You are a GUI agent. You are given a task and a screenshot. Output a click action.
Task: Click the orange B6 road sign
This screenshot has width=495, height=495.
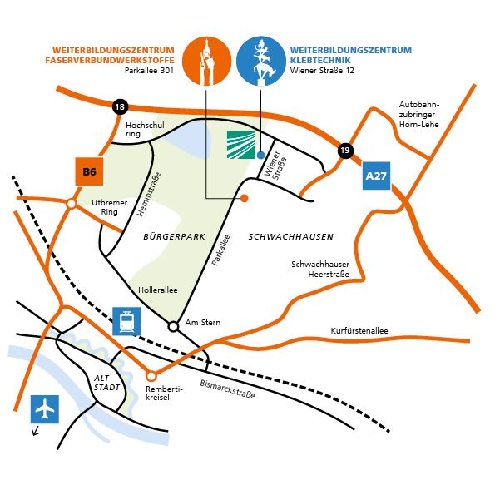tap(90, 172)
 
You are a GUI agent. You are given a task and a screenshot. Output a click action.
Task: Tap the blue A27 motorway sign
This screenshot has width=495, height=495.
tap(377, 176)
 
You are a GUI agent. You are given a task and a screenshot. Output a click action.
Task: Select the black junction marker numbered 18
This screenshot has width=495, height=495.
tap(120, 106)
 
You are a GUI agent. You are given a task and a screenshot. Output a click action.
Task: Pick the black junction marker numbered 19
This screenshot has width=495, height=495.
tap(344, 151)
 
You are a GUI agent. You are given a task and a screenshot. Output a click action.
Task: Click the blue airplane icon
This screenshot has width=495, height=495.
tap(45, 409)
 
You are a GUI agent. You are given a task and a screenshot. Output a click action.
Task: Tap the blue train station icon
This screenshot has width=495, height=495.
tap(126, 321)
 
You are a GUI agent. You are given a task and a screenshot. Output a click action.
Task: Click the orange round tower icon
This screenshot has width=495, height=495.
tap(205, 61)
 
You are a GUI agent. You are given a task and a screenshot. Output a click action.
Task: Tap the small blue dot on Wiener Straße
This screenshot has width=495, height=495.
tap(261, 155)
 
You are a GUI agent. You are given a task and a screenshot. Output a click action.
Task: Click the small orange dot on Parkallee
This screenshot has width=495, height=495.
tap(245, 198)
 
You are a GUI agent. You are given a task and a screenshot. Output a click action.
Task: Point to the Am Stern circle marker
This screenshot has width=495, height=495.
tap(173, 325)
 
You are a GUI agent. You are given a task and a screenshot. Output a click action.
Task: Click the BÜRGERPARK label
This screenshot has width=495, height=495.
tap(174, 237)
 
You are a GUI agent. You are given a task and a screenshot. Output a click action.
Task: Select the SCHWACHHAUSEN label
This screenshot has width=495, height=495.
tap(290, 237)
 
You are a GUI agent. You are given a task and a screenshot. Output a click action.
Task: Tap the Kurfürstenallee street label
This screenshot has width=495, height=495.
tap(359, 330)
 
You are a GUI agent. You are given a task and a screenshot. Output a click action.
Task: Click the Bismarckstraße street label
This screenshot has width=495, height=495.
tap(228, 389)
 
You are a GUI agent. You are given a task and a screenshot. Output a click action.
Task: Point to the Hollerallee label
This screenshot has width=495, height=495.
tap(158, 291)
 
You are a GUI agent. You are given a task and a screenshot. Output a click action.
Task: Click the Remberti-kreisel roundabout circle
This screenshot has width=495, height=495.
tap(151, 375)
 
